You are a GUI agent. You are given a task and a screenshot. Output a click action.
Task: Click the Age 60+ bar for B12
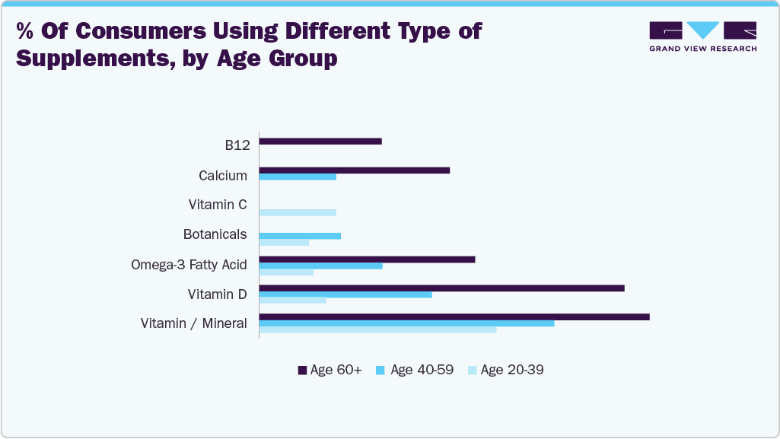[x=320, y=142]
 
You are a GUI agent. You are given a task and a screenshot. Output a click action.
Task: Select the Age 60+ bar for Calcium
[x=355, y=170]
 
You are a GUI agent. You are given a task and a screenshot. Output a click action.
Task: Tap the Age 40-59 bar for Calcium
[x=298, y=177]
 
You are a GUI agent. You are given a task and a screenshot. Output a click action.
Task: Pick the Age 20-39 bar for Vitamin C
[x=298, y=212]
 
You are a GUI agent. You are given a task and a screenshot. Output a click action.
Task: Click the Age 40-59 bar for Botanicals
[x=300, y=236]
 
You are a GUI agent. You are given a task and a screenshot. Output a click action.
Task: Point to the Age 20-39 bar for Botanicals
[x=284, y=243]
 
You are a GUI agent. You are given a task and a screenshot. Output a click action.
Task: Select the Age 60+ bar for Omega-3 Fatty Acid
[x=367, y=259]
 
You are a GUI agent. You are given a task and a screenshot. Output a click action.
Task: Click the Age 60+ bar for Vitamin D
[x=441, y=288]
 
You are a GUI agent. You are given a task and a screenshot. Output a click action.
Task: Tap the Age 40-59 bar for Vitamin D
[x=345, y=294]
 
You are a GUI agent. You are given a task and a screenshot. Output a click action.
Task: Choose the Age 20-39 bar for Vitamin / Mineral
[x=377, y=329]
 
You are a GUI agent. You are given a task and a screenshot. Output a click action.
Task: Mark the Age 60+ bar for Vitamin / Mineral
[x=454, y=317]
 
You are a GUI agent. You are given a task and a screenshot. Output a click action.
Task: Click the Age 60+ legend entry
[x=330, y=371]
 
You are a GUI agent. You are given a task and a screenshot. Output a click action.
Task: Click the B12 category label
[x=232, y=145]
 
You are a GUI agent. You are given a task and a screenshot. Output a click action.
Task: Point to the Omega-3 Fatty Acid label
[x=189, y=265]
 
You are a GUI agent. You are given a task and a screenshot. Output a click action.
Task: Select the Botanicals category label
[x=215, y=234]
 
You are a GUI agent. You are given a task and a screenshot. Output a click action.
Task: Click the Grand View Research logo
[x=702, y=37]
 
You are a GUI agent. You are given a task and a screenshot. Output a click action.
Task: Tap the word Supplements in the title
[x=91, y=58]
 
